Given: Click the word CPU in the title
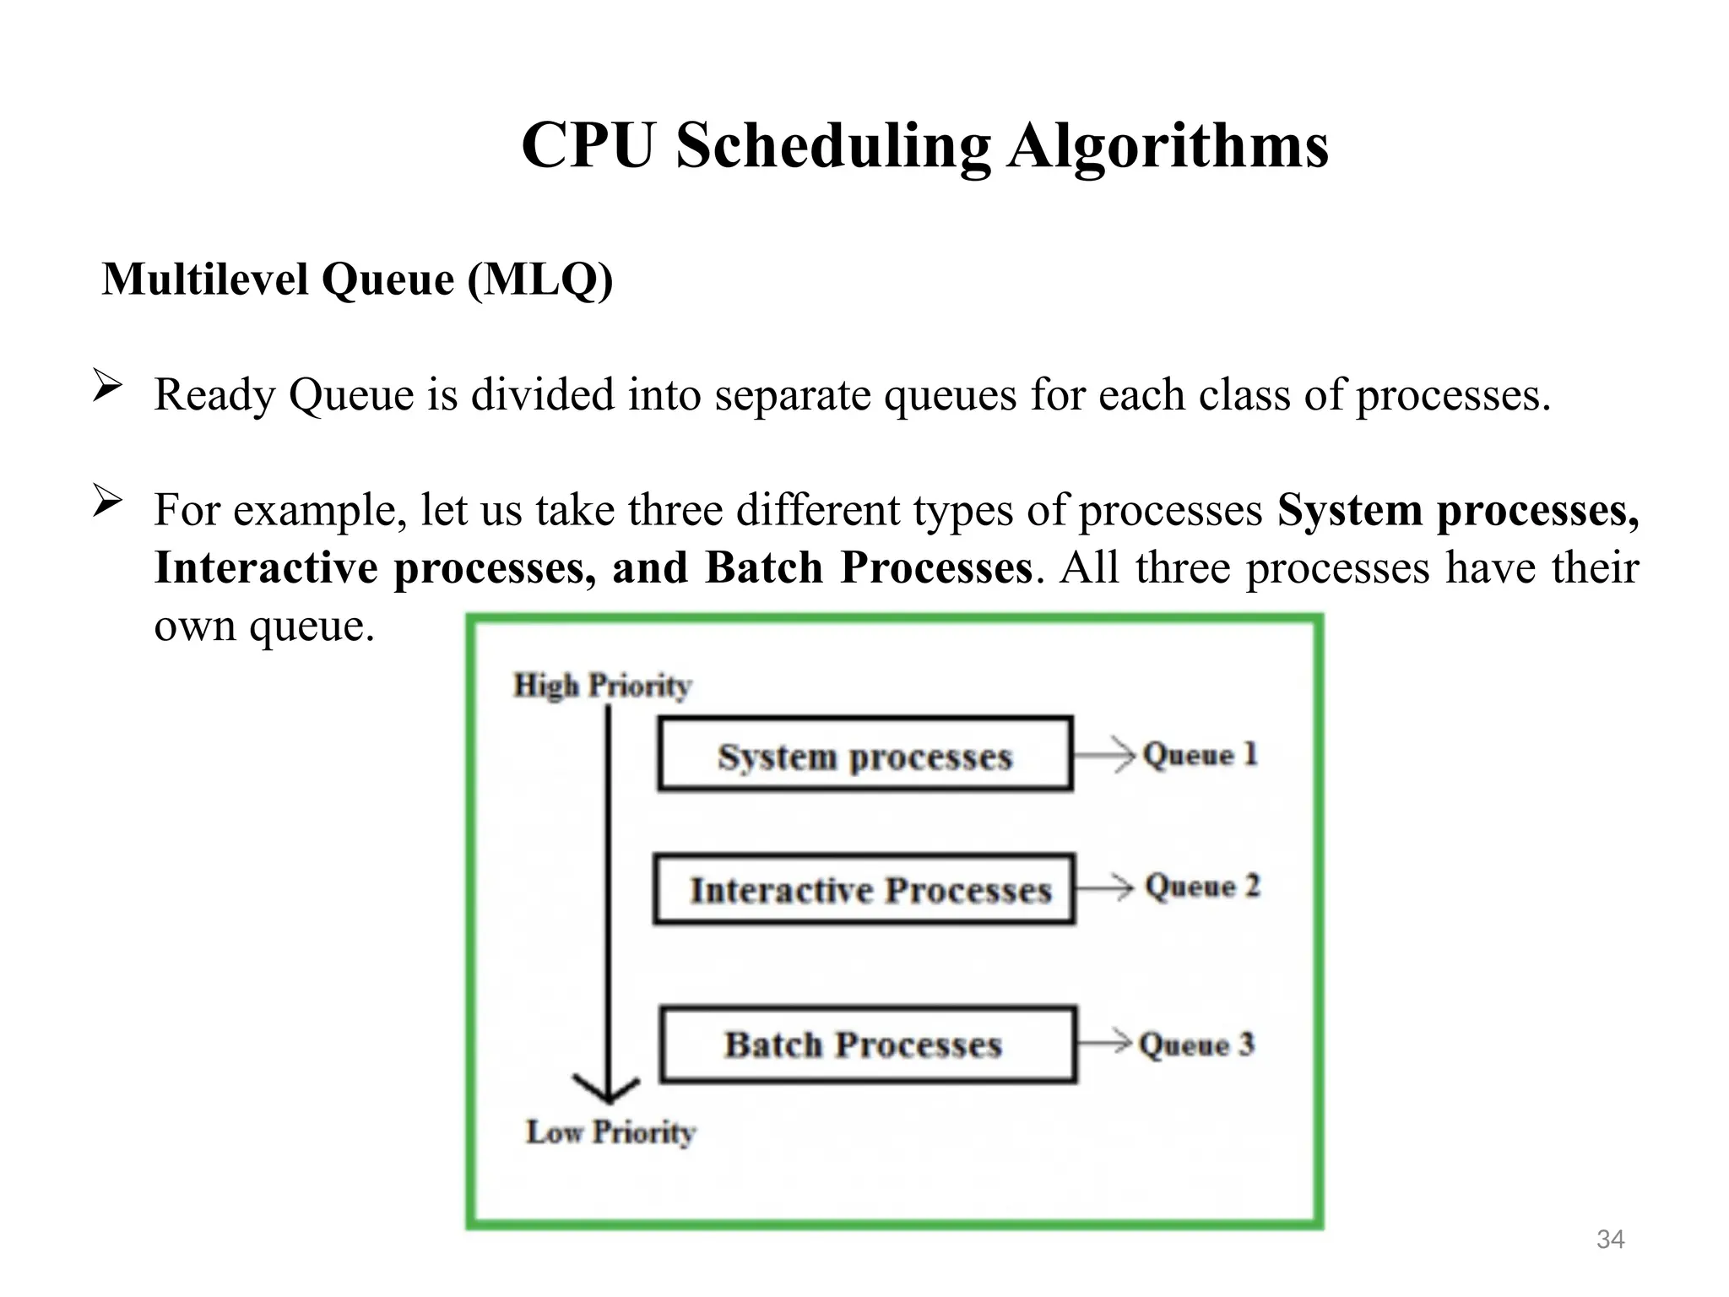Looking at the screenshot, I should coord(588,146).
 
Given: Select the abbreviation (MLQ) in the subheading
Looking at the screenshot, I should coord(540,279).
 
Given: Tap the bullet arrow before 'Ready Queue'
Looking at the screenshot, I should coord(107,387).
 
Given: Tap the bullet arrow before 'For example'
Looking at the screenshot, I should coord(107,502).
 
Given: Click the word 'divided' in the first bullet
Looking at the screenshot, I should coord(542,395).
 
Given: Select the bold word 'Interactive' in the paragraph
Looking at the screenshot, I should coord(266,567).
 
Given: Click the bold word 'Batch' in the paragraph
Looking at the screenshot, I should coord(763,567).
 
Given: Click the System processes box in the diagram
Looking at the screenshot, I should coord(864,754).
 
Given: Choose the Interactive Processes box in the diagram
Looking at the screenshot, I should coord(864,889).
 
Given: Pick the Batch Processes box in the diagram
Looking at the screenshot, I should coord(868,1045).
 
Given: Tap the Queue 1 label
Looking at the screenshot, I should coord(1200,754).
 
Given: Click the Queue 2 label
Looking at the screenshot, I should coord(1202,887).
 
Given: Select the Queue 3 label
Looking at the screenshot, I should coord(1196,1045).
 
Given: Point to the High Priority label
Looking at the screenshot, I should coord(603,685).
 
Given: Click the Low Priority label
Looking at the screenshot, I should coord(610,1131).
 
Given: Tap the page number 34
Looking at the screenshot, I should coord(1610,1239).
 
